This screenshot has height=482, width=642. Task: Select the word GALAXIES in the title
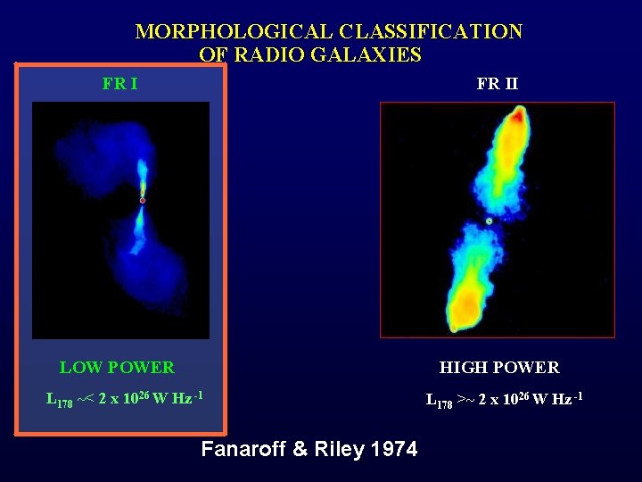tap(378, 54)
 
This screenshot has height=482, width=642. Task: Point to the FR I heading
tap(119, 85)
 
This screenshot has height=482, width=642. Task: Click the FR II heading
tap(497, 85)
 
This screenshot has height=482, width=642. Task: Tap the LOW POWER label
tap(117, 368)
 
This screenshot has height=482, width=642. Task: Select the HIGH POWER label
tap(499, 368)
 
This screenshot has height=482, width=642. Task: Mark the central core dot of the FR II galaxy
tap(489, 220)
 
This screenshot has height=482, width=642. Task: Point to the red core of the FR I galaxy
tap(143, 200)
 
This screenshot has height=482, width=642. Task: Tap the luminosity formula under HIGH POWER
tap(505, 399)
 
